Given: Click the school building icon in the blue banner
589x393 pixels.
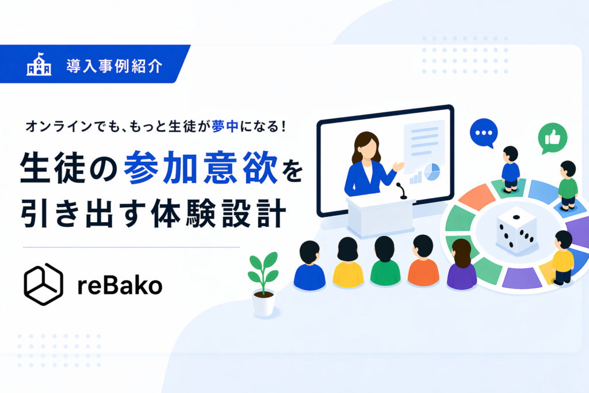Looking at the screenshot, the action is [x=39, y=64].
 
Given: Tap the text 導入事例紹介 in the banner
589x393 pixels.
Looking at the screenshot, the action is [x=114, y=66].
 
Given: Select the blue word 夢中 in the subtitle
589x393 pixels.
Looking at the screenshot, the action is [x=225, y=126].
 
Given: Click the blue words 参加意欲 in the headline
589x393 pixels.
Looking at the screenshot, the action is [x=201, y=167].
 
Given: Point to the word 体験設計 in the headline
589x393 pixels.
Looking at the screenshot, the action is [x=219, y=213].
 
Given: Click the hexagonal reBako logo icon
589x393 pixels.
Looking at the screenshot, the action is [x=43, y=284].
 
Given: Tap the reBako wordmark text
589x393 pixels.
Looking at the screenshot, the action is [x=120, y=285].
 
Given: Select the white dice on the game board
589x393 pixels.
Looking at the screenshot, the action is [x=517, y=230].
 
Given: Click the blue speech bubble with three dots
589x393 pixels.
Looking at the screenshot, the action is [x=484, y=133].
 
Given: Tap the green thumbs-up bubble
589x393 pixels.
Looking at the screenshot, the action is [x=552, y=138].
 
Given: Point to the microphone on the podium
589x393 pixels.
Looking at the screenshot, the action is [x=401, y=191].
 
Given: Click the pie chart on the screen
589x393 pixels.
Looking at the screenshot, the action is [x=432, y=172].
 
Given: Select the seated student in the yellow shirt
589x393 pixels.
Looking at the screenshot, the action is [x=348, y=262].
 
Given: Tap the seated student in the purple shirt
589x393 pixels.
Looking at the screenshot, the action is [x=462, y=264].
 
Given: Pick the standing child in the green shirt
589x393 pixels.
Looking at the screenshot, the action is [x=568, y=186].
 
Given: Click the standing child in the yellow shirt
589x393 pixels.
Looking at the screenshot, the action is [x=563, y=257].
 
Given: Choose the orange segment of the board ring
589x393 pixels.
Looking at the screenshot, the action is [x=476, y=197].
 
